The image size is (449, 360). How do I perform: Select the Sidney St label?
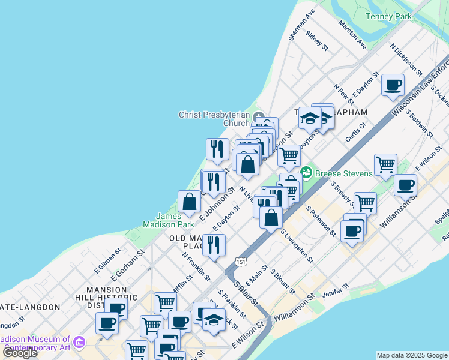coord(317,41)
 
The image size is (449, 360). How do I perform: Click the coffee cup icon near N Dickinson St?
coord(393,85)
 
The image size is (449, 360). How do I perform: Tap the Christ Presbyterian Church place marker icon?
coord(259,116)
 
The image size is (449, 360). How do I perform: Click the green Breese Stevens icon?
coord(306,172)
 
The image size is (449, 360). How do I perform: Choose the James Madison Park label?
coord(167,220)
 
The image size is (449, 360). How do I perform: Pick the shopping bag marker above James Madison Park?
coord(189,202)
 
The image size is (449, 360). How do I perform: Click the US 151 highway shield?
coord(241,262)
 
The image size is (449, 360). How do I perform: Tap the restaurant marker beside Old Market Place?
coord(214,244)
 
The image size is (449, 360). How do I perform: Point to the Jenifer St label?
coord(336,292)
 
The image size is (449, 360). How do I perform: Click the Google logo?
coord(20,353)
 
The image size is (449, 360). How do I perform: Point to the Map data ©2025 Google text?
coord(411,355)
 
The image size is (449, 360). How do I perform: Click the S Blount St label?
coord(282,281)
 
